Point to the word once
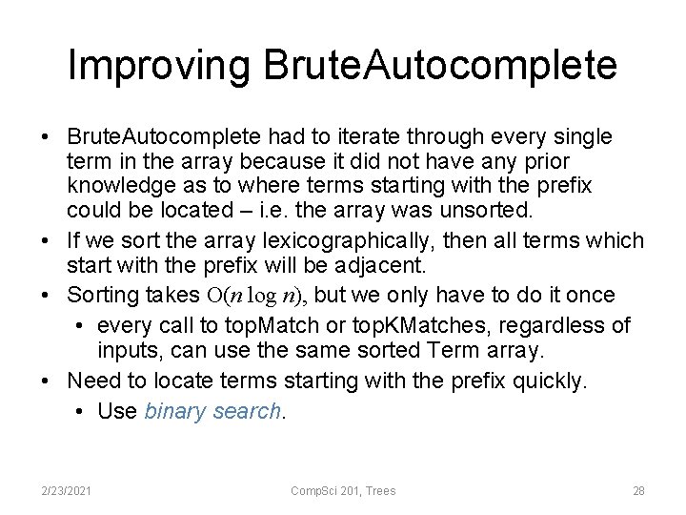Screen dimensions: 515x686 tap(589, 295)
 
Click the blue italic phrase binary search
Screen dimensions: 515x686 tap(213, 411)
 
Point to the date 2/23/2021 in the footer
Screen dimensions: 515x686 tap(66, 490)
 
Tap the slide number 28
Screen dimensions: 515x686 tap(638, 490)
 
